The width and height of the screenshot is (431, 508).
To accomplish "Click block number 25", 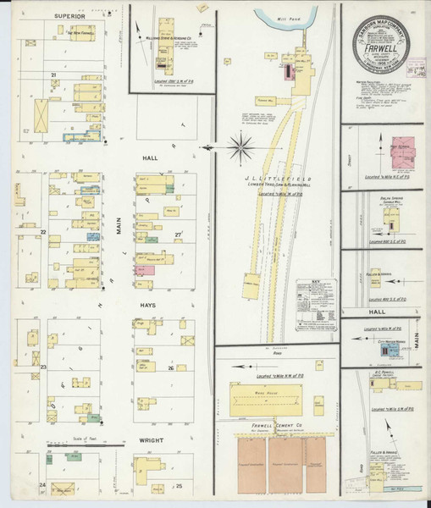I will (x=179, y=486).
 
